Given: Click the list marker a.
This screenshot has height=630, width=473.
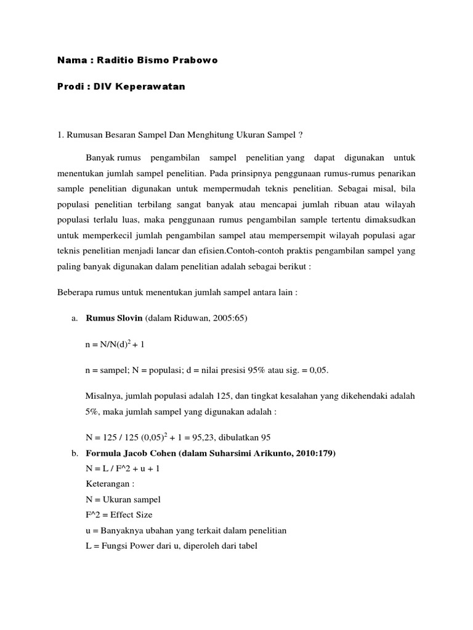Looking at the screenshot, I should (x=75, y=318).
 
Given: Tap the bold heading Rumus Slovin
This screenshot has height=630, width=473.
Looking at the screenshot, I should (x=114, y=318).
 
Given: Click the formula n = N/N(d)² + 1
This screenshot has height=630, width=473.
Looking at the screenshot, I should (x=115, y=345).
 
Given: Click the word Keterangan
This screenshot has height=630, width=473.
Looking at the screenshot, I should (x=109, y=484).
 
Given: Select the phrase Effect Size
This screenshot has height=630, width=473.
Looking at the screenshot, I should (x=131, y=515).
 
